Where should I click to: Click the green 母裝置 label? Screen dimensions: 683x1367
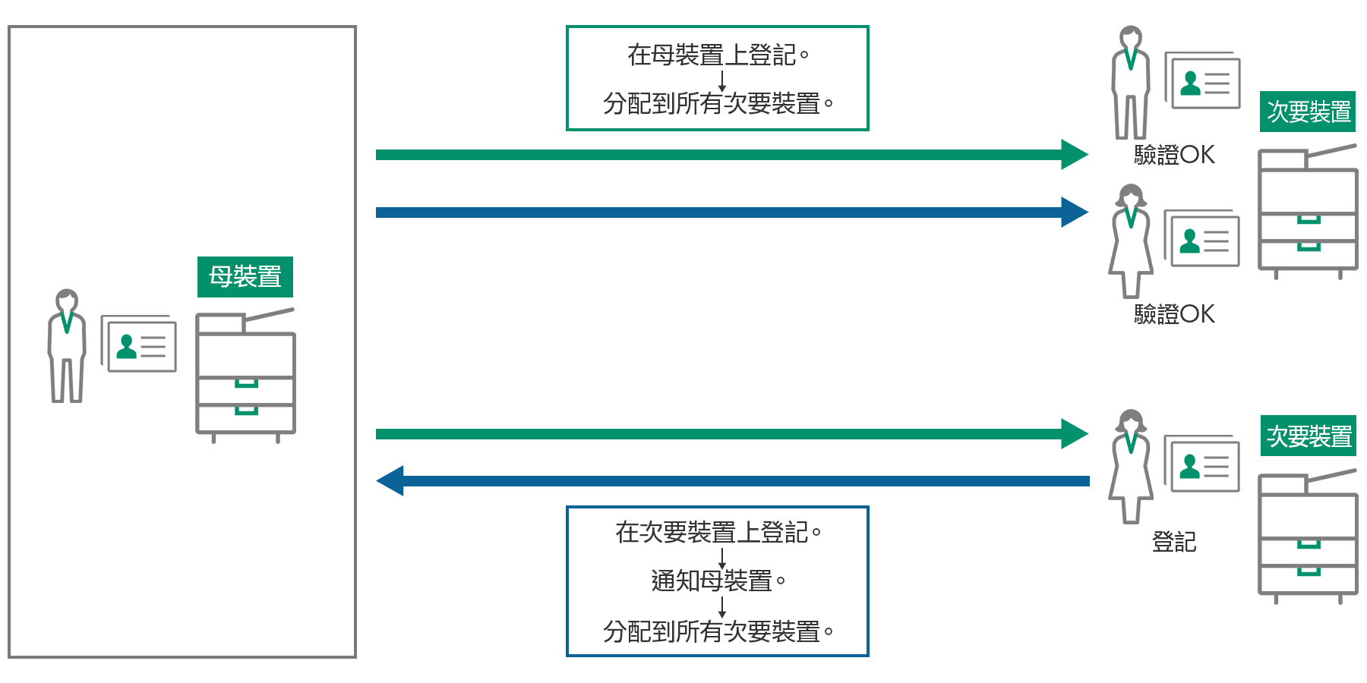pos(245,277)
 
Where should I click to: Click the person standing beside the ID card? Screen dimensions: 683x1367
pos(67,345)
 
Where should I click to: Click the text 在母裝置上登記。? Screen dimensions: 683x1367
pos(718,55)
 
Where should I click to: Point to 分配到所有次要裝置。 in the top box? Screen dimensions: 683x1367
pos(718,103)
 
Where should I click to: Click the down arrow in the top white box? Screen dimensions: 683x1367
pos(722,80)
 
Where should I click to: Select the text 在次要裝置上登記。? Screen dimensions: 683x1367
pos(718,532)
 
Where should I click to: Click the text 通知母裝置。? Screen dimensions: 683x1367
pos(718,581)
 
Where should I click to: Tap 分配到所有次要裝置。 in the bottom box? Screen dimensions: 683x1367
pos(718,631)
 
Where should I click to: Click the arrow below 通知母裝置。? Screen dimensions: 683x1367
pos(722,606)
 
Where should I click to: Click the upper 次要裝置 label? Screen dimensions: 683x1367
pos(1309,112)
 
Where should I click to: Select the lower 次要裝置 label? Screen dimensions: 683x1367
pos(1309,436)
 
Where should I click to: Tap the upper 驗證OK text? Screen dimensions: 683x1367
pos(1173,155)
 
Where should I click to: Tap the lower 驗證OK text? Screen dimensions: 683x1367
pos(1173,313)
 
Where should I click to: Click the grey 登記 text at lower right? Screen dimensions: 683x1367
pos(1174,541)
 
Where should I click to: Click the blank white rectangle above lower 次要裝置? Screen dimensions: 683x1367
pos(1308,392)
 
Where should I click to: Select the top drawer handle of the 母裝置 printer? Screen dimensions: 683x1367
pos(246,383)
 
